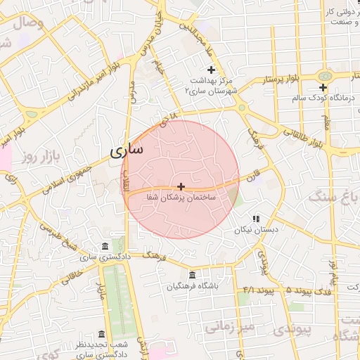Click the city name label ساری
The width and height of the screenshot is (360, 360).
point(127,150)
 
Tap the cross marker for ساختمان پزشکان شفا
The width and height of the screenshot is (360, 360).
point(181,187)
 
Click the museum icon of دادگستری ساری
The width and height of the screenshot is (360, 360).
point(105,246)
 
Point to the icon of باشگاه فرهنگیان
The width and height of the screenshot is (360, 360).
point(193,275)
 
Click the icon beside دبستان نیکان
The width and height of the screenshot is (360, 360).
point(256,219)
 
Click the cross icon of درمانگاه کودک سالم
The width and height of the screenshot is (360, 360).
point(323,88)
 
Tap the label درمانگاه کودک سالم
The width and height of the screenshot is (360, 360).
point(323,99)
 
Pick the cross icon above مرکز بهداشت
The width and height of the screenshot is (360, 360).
point(211,70)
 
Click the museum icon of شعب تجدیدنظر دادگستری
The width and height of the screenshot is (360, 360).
point(103,334)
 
